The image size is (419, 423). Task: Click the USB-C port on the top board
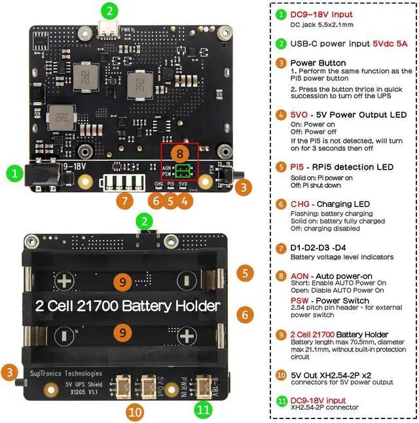109,29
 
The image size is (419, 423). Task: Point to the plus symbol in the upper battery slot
64,282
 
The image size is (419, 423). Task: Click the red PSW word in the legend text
301,301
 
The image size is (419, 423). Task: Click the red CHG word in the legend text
301,204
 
